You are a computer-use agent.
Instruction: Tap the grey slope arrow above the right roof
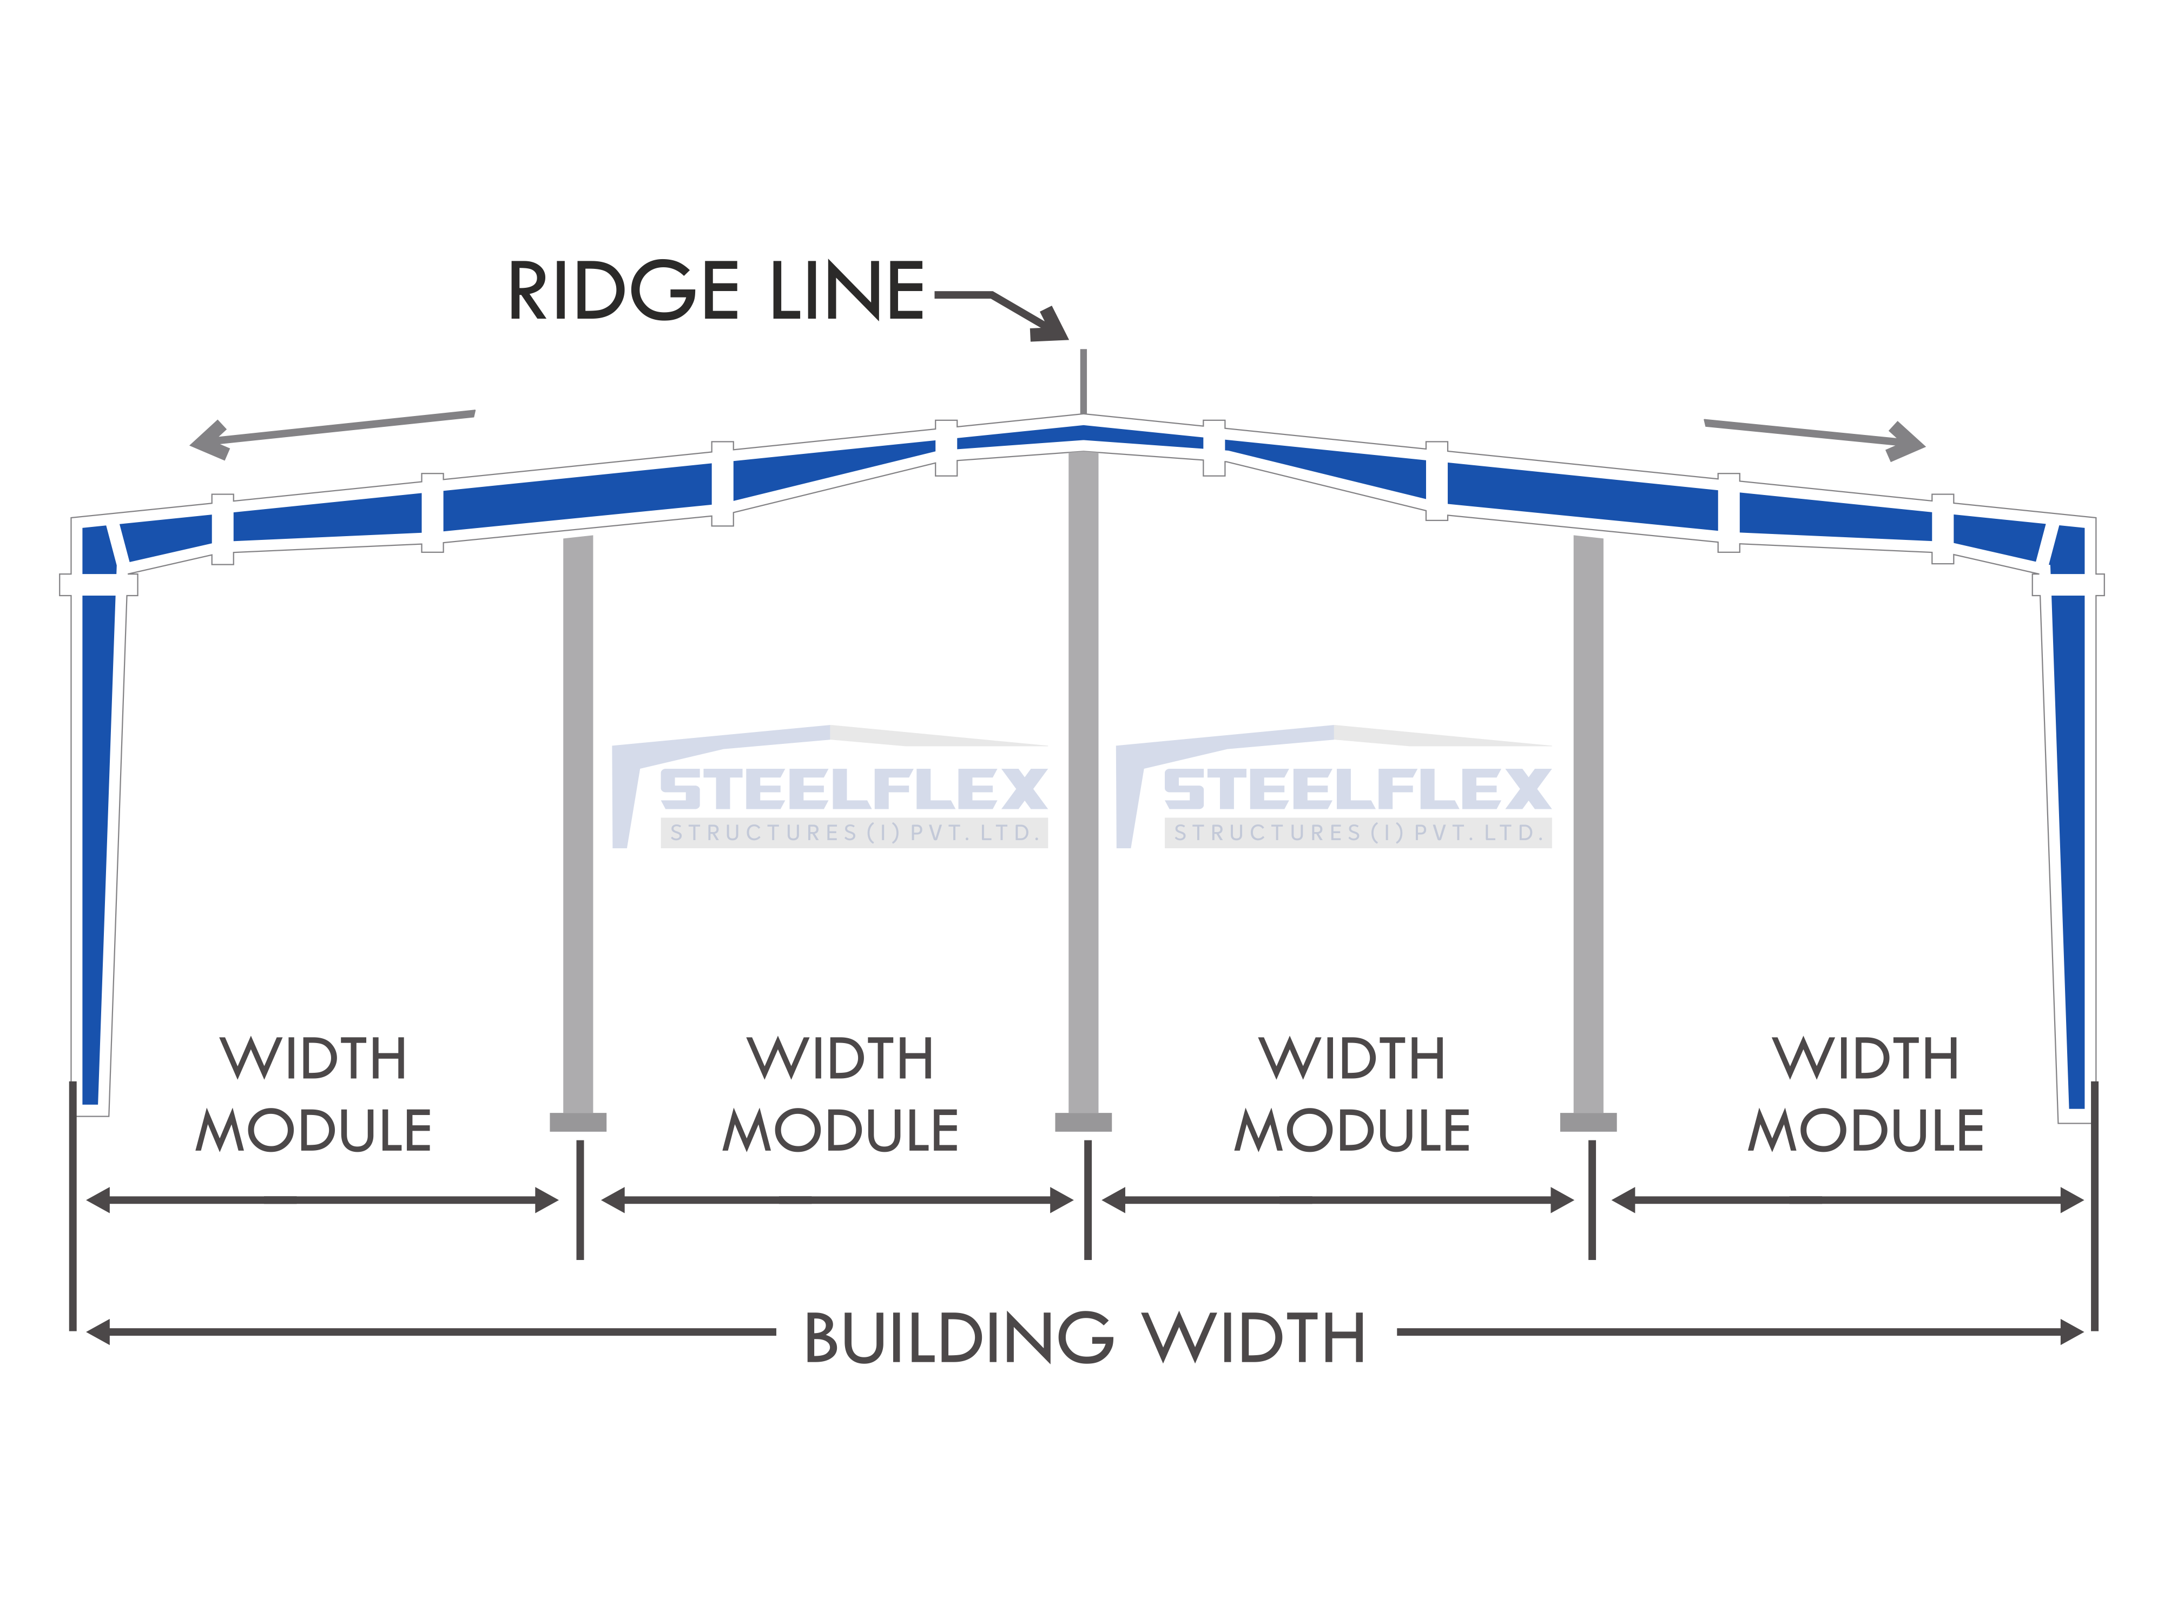[x=1815, y=439]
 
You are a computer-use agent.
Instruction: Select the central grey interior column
[x=1083, y=783]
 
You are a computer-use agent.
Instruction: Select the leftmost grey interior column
[x=578, y=824]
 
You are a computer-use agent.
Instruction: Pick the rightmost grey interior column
[x=1589, y=824]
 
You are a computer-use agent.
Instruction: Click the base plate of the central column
[x=1083, y=1122]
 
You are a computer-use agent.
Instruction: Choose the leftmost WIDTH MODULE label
[x=314, y=1094]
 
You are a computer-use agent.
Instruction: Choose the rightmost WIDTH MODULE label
[x=1866, y=1094]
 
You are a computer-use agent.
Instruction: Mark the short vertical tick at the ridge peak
[x=1083, y=381]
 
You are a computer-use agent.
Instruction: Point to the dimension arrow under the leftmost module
[x=323, y=1200]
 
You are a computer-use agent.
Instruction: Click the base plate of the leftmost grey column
[x=578, y=1122]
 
